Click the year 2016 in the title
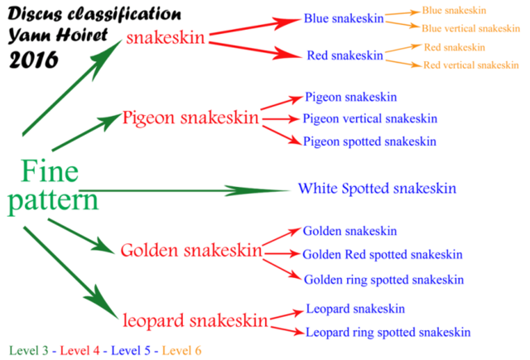click(x=34, y=60)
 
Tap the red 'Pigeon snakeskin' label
click(x=190, y=118)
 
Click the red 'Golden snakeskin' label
click(x=191, y=251)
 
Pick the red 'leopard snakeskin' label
click(x=195, y=320)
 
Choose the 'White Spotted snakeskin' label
click(x=378, y=189)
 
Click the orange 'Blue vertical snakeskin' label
click(x=471, y=28)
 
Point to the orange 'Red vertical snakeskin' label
click(x=471, y=65)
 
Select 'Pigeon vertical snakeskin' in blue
click(x=370, y=119)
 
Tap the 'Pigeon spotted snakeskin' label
click(x=369, y=142)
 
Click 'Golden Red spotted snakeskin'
click(x=383, y=255)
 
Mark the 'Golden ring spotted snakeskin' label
click(x=383, y=280)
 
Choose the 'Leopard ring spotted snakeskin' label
click(x=388, y=333)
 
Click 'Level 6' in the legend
click(x=181, y=351)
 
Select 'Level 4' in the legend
click(x=79, y=351)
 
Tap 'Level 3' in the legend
click(x=29, y=351)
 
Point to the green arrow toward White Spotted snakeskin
click(x=185, y=191)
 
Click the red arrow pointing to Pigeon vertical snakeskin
click(x=281, y=119)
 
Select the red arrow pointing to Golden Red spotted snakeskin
click(x=282, y=253)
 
